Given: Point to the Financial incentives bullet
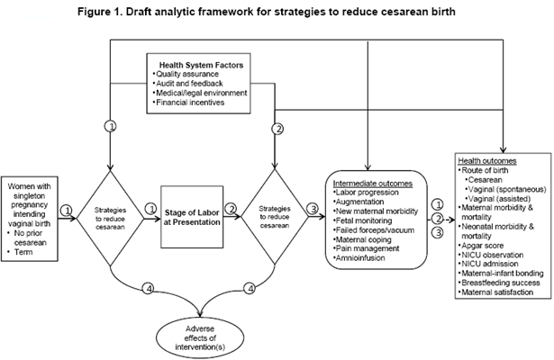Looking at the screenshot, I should tap(190, 103).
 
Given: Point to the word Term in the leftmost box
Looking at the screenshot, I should tap(24, 254).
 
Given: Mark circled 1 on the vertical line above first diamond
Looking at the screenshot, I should tap(110, 127).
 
